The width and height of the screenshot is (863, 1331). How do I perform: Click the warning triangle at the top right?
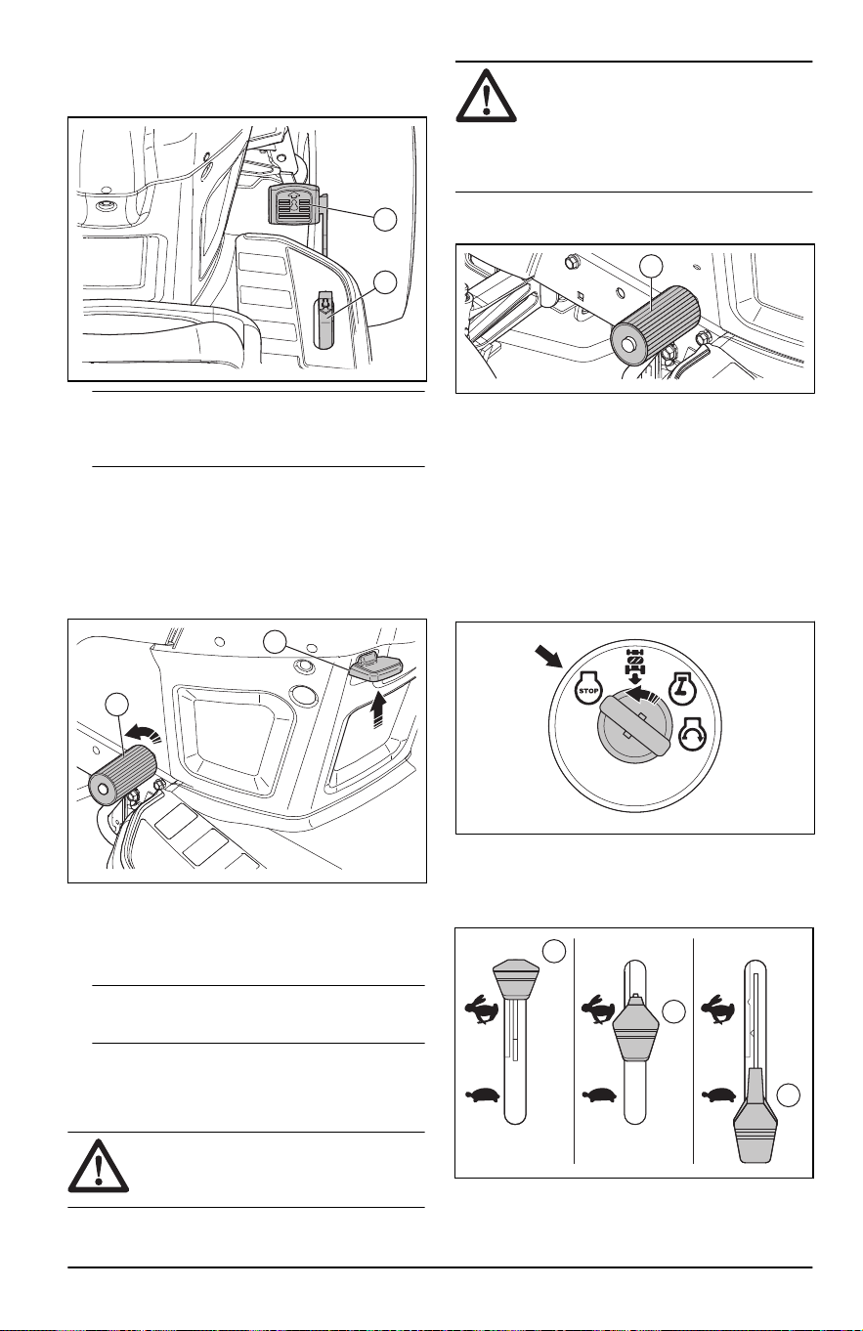[x=486, y=97]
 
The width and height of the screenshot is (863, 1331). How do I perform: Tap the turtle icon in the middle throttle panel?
[x=600, y=1094]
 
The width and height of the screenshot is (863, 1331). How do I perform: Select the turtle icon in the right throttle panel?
[x=719, y=1094]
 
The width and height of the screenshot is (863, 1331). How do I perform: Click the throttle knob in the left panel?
[x=516, y=978]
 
